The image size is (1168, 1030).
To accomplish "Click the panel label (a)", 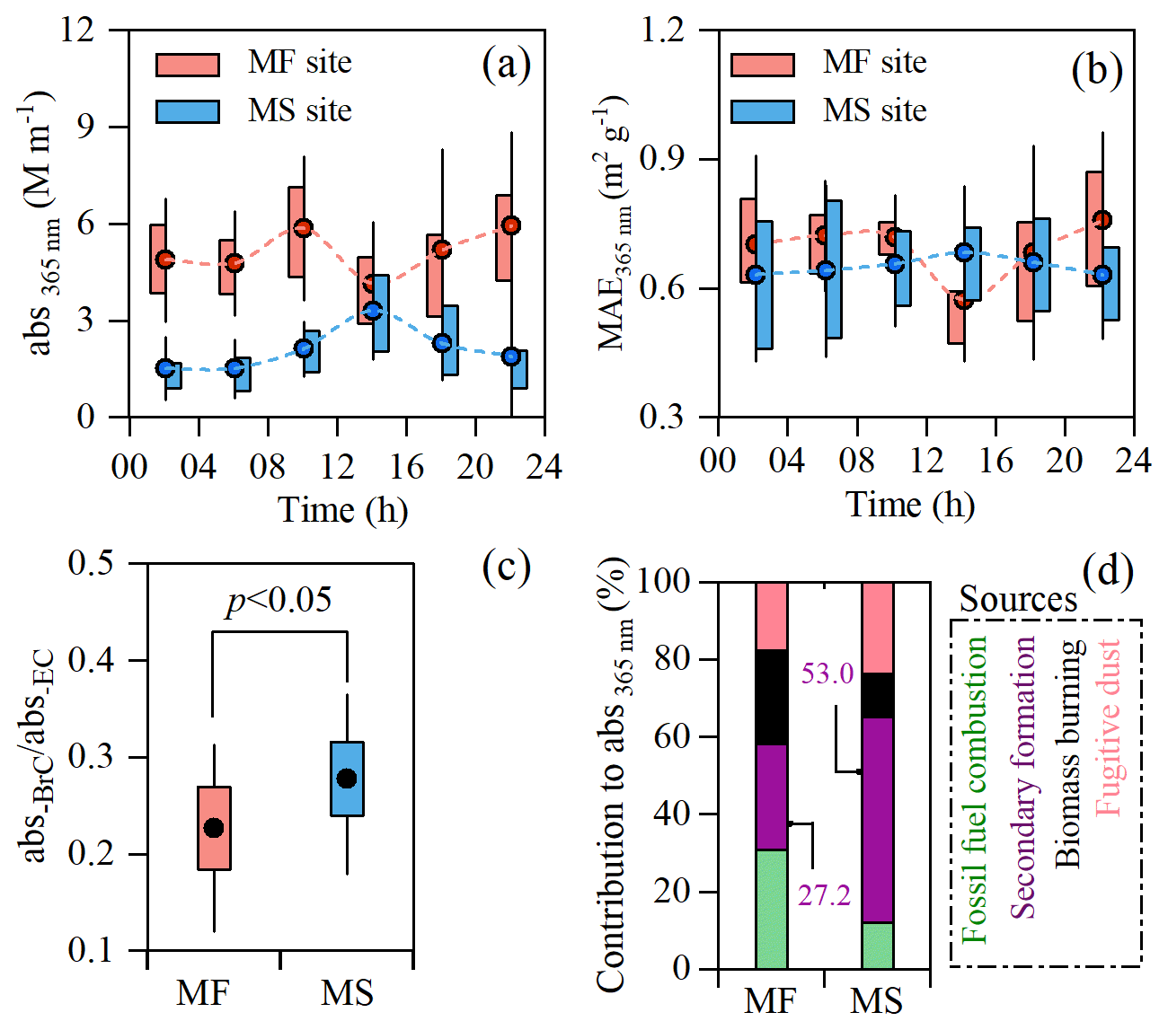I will [507, 65].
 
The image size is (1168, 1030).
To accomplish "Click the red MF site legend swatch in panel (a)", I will [187, 65].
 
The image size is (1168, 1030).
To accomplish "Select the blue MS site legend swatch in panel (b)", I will [762, 111].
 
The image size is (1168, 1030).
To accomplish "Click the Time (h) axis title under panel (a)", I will [342, 509].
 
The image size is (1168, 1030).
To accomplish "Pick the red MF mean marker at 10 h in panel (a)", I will [304, 228].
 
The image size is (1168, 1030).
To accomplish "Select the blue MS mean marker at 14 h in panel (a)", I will [373, 311].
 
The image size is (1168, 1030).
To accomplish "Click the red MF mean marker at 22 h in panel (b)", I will [1102, 220].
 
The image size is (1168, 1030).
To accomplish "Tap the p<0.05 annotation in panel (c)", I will [279, 600].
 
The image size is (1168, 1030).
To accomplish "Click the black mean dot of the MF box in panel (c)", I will [214, 828].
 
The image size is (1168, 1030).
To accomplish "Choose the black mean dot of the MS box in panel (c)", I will [347, 779].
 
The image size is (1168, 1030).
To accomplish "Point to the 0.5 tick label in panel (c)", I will [93, 564].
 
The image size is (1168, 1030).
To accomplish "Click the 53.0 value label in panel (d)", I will [827, 672].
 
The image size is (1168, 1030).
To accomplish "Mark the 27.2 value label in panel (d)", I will [824, 895].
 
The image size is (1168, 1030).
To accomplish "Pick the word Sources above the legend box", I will [1018, 599].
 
